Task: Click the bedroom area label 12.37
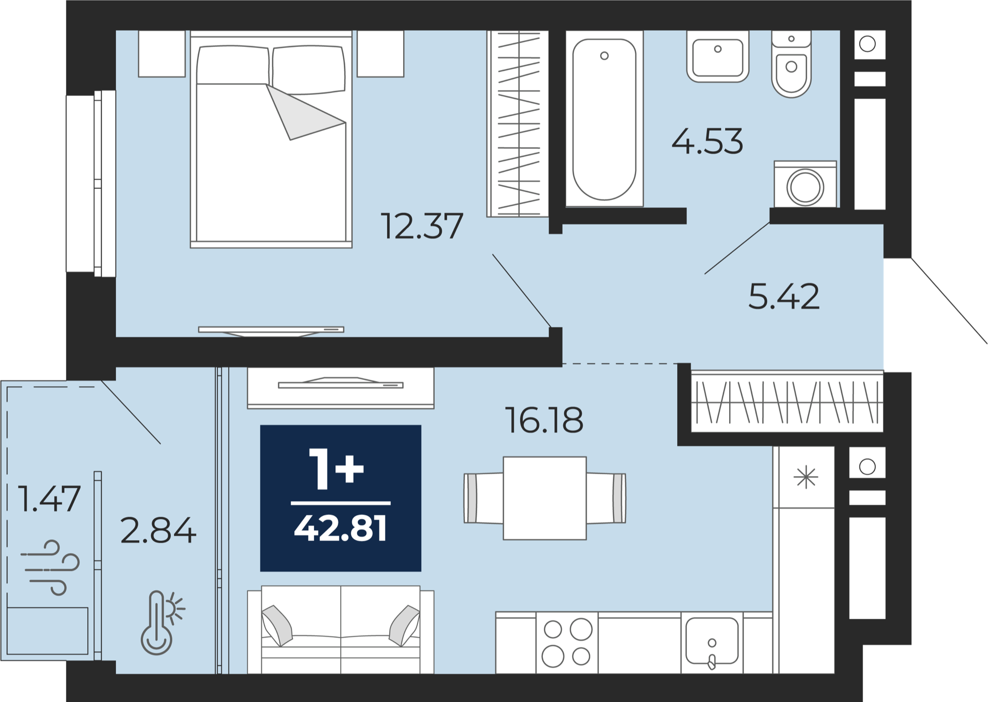[422, 226]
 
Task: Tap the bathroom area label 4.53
[707, 141]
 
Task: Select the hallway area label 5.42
[784, 297]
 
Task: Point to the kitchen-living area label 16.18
[544, 420]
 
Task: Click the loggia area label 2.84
[158, 530]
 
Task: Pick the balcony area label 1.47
[49, 498]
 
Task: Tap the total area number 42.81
[340, 528]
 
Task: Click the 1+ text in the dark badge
[336, 469]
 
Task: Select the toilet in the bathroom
[791, 64]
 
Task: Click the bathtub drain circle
[604, 56]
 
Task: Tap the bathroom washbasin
[718, 56]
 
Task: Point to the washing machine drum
[805, 187]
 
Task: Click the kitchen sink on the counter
[712, 641]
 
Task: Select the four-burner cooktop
[567, 643]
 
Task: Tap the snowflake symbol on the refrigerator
[806, 477]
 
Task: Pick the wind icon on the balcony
[50, 568]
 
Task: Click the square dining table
[545, 498]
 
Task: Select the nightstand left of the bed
[162, 54]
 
